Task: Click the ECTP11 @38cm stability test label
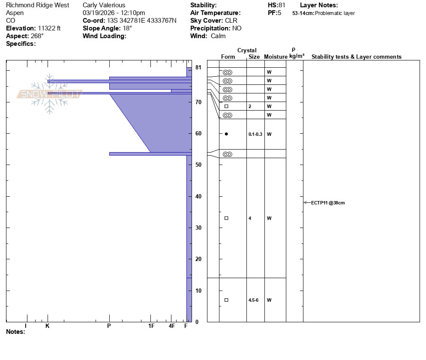(x=328, y=203)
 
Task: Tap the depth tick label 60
(x=198, y=133)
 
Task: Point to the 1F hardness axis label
(x=151, y=326)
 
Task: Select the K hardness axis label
(x=48, y=326)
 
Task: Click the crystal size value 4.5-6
(x=253, y=300)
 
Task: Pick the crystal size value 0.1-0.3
(x=255, y=134)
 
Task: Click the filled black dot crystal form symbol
(x=226, y=134)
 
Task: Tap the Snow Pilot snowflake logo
(x=49, y=94)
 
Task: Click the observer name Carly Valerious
(x=104, y=5)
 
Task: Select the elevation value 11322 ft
(x=49, y=28)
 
